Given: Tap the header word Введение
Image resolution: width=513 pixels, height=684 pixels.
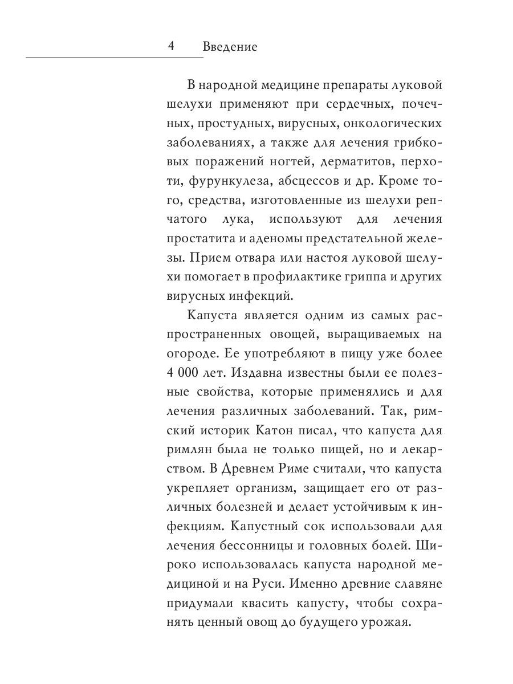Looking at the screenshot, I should click(230, 47).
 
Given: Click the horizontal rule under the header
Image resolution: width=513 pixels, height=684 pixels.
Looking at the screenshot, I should click(114, 57).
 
